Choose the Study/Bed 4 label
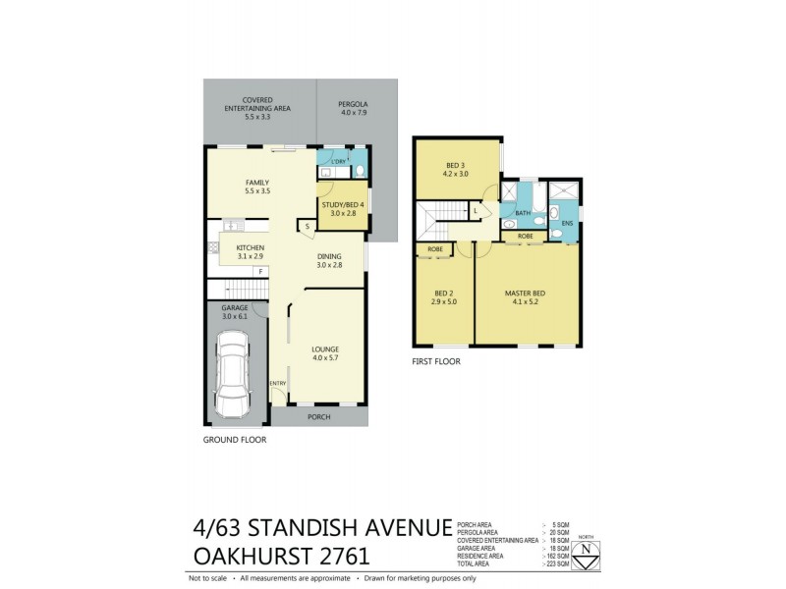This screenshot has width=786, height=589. [x=343, y=208]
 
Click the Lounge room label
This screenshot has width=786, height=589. [x=325, y=352]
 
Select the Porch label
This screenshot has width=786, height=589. [x=317, y=416]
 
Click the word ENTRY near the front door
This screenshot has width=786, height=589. [x=277, y=383]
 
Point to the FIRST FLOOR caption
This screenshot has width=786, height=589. [x=436, y=361]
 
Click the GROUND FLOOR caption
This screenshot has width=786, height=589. [x=235, y=440]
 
